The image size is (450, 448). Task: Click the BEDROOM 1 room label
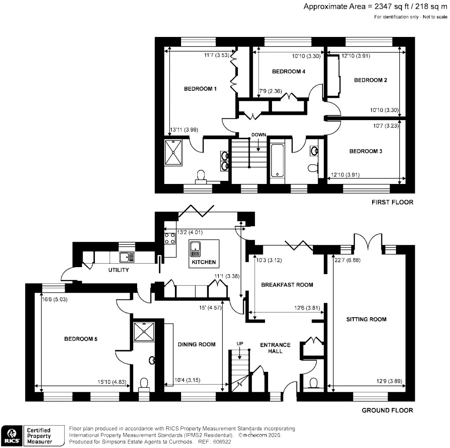200,89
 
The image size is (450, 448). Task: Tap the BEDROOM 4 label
288,71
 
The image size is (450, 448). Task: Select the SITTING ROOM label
366,319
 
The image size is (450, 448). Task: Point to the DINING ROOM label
196,344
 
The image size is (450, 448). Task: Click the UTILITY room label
118,270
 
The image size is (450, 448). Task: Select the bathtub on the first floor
277,160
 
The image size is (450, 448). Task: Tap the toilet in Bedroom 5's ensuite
144,383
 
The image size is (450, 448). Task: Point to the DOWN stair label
258,134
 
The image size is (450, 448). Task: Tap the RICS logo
12,435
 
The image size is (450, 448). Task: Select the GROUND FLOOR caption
387,410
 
